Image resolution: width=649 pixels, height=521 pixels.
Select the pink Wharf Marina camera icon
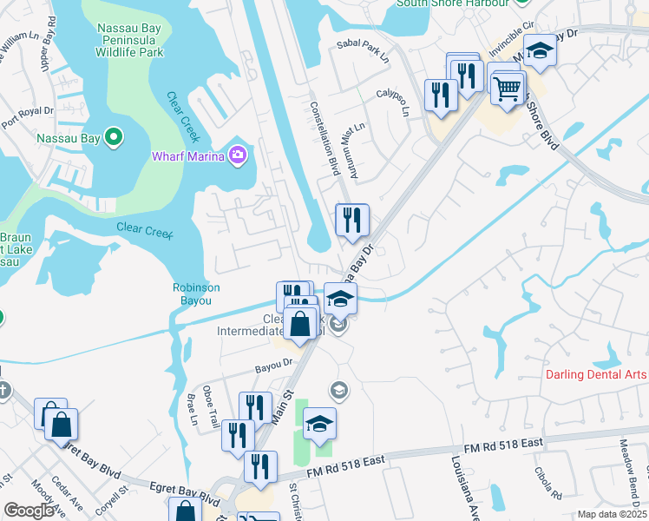238,155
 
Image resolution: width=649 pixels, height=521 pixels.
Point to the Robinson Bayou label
196,293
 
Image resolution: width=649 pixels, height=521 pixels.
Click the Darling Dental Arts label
596,374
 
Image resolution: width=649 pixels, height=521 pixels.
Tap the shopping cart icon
507,86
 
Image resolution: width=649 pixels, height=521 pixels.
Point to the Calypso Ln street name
404,102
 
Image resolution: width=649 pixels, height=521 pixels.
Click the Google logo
30,511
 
